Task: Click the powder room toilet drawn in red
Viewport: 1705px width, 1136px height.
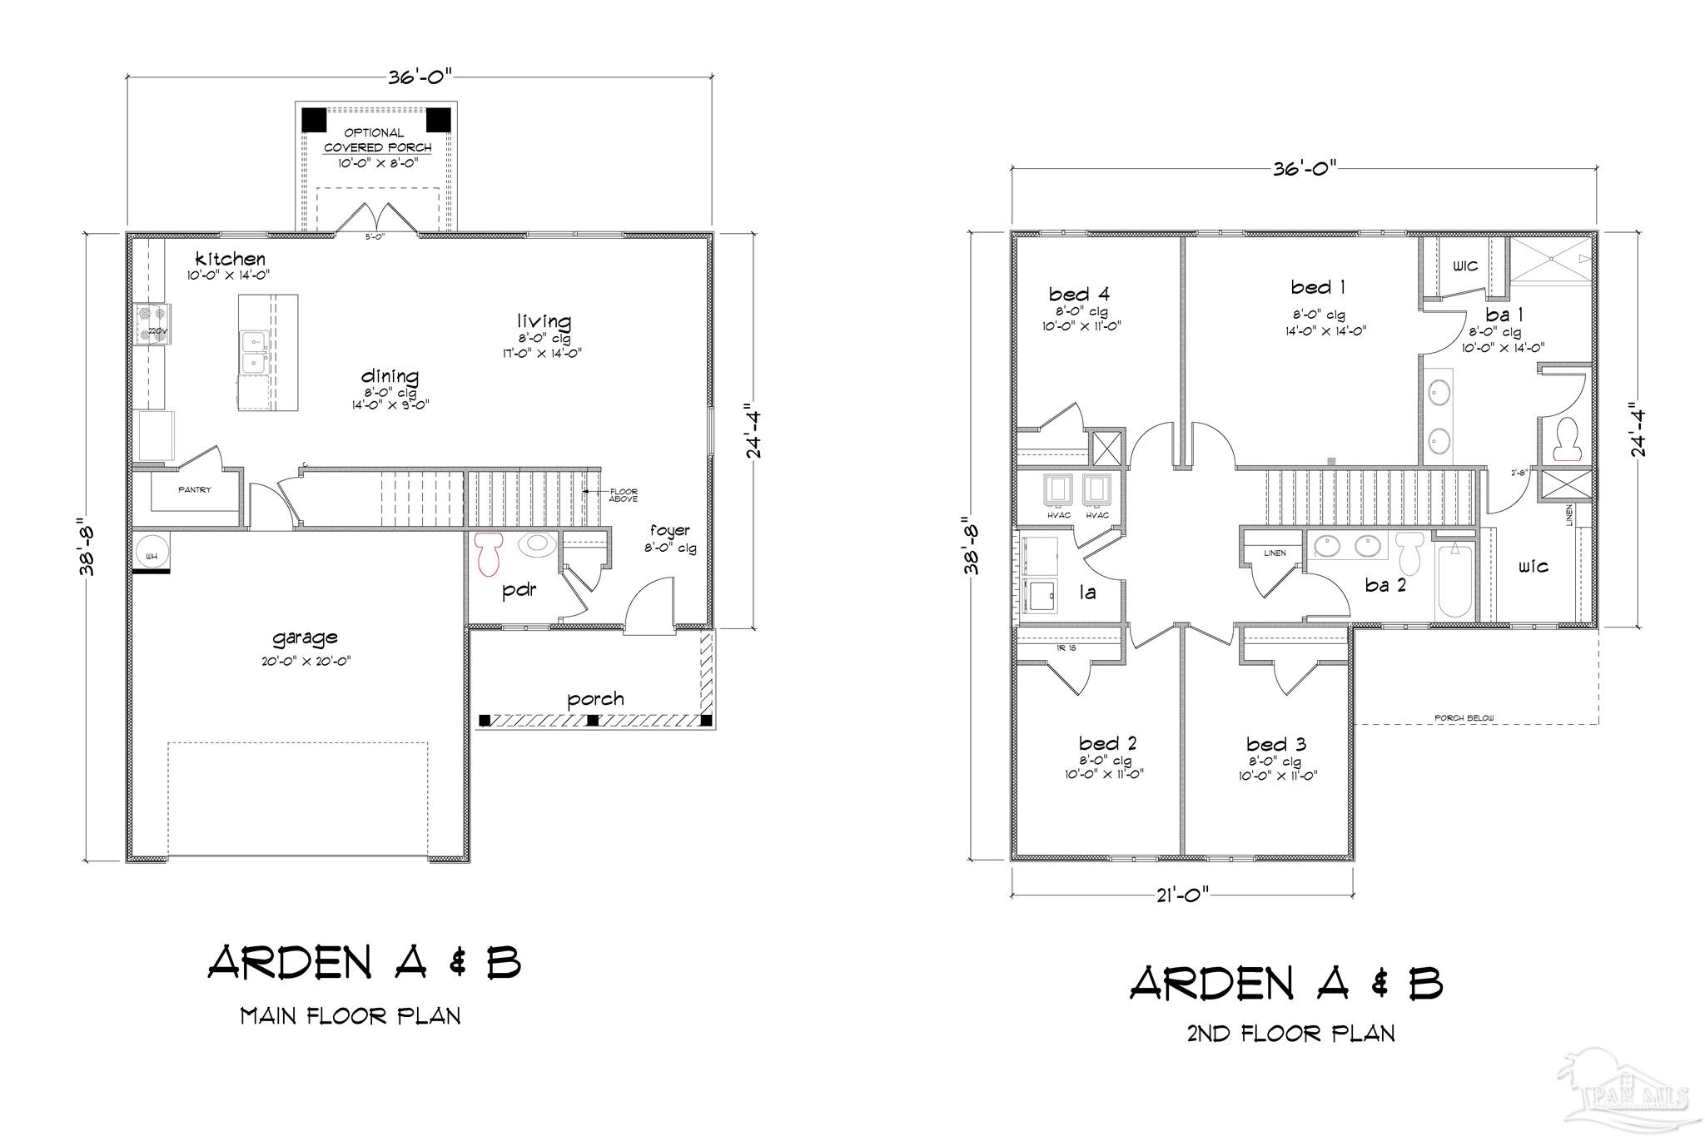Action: [x=490, y=553]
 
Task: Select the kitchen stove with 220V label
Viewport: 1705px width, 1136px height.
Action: [x=152, y=323]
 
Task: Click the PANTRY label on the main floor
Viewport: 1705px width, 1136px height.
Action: [x=195, y=490]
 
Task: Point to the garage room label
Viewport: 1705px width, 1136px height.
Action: [x=305, y=637]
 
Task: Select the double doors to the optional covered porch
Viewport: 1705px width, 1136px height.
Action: [x=378, y=220]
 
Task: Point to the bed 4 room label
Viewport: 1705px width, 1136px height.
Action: [x=1079, y=294]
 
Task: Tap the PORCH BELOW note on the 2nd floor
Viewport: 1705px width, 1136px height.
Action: [x=1464, y=717]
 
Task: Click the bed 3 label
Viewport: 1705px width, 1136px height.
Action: [x=1276, y=744]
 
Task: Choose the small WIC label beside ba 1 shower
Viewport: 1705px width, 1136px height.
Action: [x=1465, y=266]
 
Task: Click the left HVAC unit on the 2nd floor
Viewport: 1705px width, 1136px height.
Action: [x=1058, y=491]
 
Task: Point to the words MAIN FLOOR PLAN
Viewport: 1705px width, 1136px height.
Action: [x=350, y=1016]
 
